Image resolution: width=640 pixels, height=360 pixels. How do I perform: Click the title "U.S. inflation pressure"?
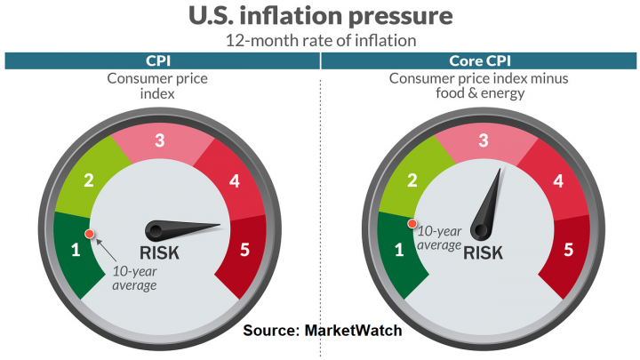(x=320, y=17)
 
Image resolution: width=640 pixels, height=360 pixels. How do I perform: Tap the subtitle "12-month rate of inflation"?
(x=320, y=41)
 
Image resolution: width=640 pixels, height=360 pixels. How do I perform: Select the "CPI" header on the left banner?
(x=160, y=60)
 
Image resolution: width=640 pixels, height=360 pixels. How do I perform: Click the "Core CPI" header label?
(x=481, y=60)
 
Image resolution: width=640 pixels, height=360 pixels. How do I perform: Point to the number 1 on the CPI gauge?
(x=76, y=250)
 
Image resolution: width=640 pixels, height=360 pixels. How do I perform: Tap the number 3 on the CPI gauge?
(x=160, y=140)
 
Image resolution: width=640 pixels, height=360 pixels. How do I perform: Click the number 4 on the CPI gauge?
(x=234, y=181)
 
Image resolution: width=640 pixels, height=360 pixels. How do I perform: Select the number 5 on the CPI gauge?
(x=244, y=250)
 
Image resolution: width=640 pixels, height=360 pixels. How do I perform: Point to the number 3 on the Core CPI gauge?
(x=484, y=140)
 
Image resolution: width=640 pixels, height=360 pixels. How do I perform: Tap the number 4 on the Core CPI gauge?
(x=557, y=181)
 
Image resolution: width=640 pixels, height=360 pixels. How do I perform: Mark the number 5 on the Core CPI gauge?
(x=568, y=250)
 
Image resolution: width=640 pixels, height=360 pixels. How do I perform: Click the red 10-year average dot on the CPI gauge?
(x=89, y=234)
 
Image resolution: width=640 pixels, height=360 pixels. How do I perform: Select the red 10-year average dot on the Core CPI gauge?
(x=412, y=224)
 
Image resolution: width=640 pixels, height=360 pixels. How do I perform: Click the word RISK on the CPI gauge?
(x=160, y=252)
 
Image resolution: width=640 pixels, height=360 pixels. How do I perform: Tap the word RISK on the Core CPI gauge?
(x=483, y=252)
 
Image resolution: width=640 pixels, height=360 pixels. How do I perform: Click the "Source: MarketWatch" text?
(x=323, y=331)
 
